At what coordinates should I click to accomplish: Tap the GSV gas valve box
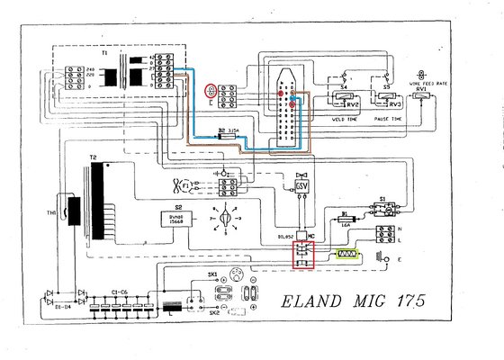pyautogui.click(x=301, y=185)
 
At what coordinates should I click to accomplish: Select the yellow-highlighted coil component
pyautogui.click(x=345, y=255)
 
